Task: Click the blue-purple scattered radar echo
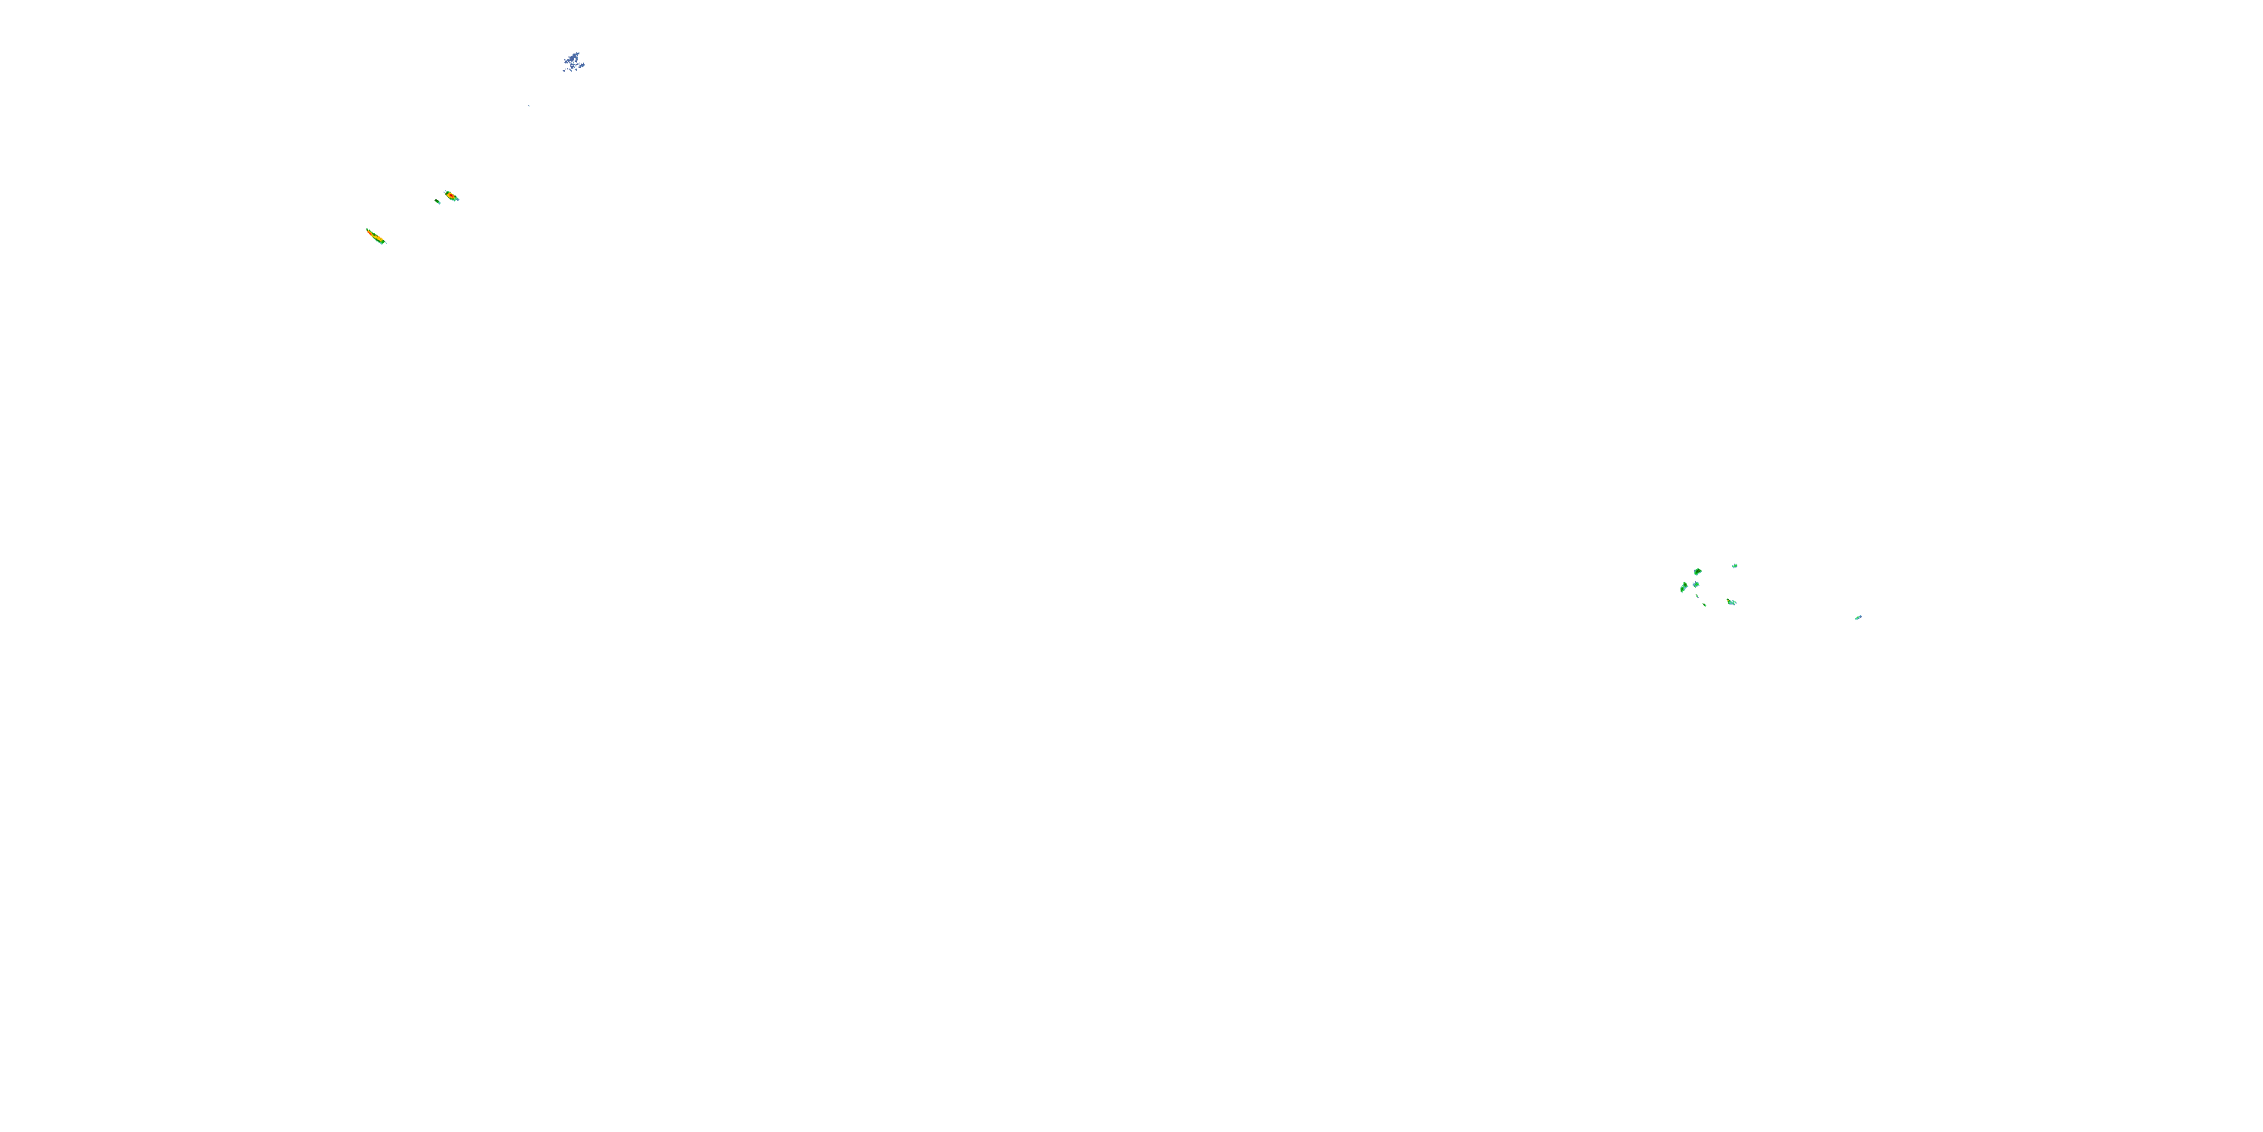[573, 62]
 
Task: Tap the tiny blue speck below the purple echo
[529, 106]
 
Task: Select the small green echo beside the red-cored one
[438, 202]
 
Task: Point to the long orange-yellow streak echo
[376, 236]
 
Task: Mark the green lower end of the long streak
[383, 242]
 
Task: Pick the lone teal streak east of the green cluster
[1858, 617]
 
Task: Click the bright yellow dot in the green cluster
[1728, 601]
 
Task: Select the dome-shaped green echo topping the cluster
[1697, 572]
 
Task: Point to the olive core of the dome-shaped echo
[1699, 571]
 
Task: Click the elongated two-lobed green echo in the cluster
[1684, 587]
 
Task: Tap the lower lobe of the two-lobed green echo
[1681, 589]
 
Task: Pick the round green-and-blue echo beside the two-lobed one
[1696, 584]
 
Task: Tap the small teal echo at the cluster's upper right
[1735, 566]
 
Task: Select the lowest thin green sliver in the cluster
[1704, 605]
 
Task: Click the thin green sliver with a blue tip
[1697, 596]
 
